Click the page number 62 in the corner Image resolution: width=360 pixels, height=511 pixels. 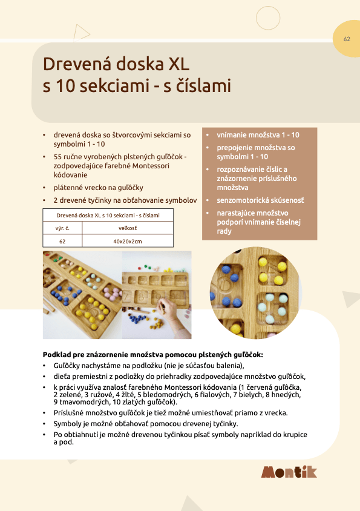(x=347, y=39)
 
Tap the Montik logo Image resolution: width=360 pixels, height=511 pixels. (x=289, y=472)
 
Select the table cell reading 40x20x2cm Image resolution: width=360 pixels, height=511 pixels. (x=127, y=241)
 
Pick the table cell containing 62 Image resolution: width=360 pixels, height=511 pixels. (x=62, y=241)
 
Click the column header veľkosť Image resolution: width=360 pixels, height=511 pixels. (x=127, y=228)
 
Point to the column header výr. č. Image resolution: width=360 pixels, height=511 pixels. (x=62, y=228)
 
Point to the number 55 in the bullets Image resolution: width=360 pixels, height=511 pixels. (x=58, y=157)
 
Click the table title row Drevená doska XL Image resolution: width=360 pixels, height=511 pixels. (x=108, y=216)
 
